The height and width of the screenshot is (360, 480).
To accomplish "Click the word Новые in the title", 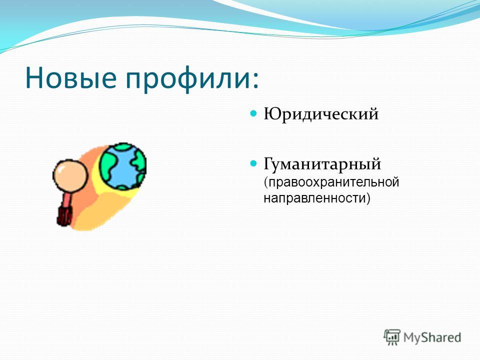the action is pos(70,77).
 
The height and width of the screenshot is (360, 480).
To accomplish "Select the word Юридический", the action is pos(321,114).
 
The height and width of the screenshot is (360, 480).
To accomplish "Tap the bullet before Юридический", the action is pos(253,113).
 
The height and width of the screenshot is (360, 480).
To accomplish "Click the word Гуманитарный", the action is pos(322,164).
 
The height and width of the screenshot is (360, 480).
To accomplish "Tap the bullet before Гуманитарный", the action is pos(253,163).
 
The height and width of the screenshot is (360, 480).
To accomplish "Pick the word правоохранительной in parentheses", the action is pos(333,182).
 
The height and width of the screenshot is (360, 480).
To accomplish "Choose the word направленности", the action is pos(314,198).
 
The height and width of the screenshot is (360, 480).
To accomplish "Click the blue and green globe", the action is pos(123,166).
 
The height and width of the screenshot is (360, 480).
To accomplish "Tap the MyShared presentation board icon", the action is pos(392,337).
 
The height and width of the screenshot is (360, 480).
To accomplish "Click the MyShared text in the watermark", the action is pos(432,337).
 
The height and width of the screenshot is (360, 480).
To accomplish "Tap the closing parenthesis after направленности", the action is pos(368,198).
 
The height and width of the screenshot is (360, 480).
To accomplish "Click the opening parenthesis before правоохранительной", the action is pos(266,183).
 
